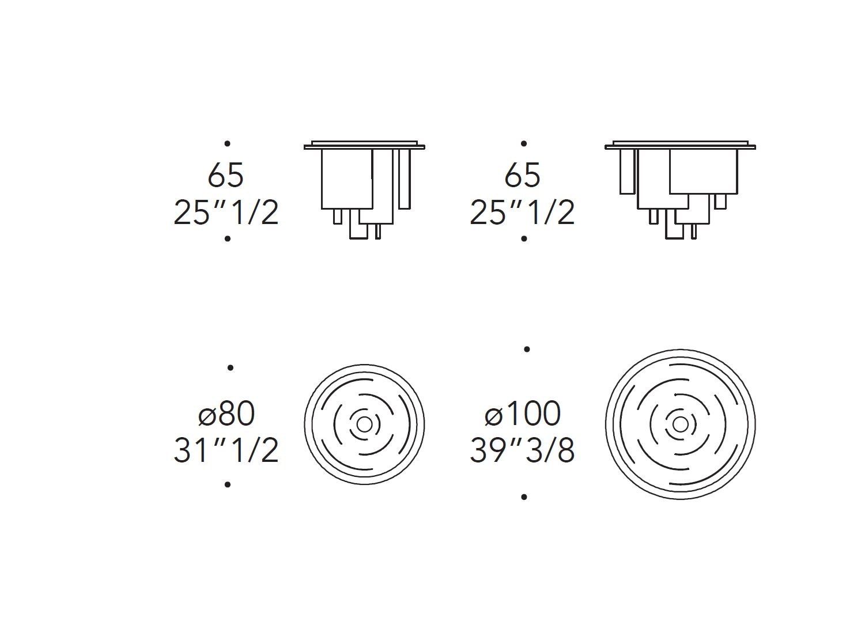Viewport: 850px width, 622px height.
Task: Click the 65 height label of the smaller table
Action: tap(226, 175)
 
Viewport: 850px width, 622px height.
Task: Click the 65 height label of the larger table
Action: tap(522, 175)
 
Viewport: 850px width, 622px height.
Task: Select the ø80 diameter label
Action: tap(226, 414)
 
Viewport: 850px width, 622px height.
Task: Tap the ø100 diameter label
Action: tap(523, 414)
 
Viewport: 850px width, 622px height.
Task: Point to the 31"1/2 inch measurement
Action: tap(226, 450)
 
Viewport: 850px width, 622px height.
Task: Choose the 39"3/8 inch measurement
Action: tap(522, 450)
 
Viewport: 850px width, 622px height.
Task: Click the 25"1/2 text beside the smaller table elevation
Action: tap(226, 213)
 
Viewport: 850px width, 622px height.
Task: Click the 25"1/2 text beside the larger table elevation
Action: tap(522, 213)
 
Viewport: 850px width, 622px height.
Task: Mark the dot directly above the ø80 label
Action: tap(231, 367)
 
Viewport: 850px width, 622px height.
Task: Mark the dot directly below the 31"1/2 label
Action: tap(228, 484)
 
